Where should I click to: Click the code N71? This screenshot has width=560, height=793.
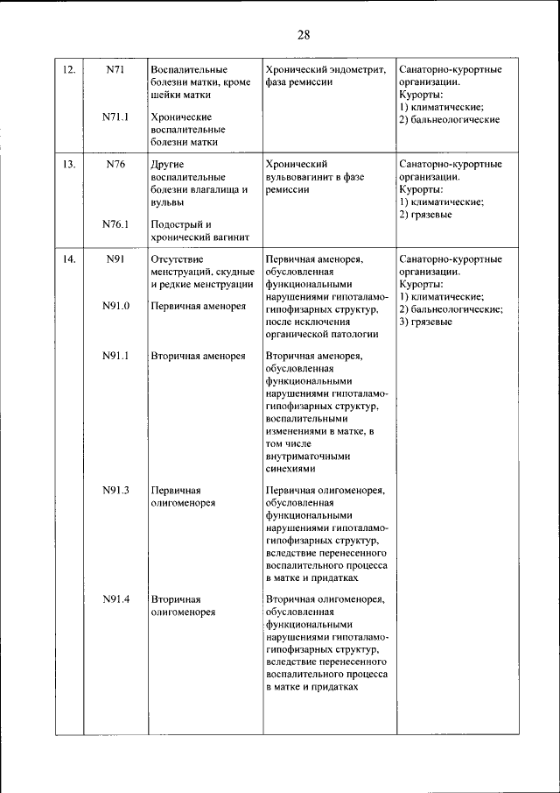[x=115, y=69]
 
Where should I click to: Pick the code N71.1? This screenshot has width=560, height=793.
[x=115, y=117]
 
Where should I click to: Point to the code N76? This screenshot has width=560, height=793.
[x=115, y=164]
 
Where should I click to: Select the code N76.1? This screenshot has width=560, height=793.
[x=115, y=224]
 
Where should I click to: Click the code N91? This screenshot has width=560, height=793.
[x=115, y=259]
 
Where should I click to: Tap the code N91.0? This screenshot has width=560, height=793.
[x=115, y=307]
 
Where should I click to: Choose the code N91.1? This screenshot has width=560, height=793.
[x=115, y=356]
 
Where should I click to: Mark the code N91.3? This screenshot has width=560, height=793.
[x=115, y=491]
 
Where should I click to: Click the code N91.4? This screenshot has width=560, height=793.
[x=115, y=599]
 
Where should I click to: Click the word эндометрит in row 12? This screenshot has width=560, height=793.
[x=355, y=69]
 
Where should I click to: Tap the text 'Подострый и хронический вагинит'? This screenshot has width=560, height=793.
[x=200, y=230]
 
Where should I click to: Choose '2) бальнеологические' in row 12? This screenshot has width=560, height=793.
[x=449, y=119]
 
